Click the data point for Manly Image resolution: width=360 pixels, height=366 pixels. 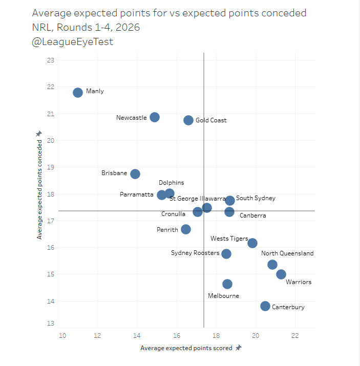[78, 93]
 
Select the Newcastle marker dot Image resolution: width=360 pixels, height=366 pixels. [154, 117]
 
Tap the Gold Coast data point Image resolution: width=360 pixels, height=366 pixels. [188, 120]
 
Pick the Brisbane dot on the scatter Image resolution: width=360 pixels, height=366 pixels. [135, 174]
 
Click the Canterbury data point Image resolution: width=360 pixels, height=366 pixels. [265, 306]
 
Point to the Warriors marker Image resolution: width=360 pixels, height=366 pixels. [281, 274]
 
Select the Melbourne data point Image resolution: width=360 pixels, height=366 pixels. [227, 284]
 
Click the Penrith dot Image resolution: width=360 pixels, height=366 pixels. [186, 229]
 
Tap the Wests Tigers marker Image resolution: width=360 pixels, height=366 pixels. [252, 243]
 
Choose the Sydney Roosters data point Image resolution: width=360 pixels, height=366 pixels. [226, 253]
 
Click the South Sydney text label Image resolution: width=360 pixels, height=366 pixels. [256, 198]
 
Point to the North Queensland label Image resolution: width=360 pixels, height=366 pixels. [287, 253]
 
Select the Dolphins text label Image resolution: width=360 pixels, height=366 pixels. [171, 183]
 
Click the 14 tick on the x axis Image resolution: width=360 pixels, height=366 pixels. [137, 336]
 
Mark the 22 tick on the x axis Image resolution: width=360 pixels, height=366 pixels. [295, 336]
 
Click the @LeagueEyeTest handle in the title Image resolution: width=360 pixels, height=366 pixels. [72, 42]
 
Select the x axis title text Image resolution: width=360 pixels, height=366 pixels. [186, 348]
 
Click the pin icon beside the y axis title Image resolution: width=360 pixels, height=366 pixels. [39, 134]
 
